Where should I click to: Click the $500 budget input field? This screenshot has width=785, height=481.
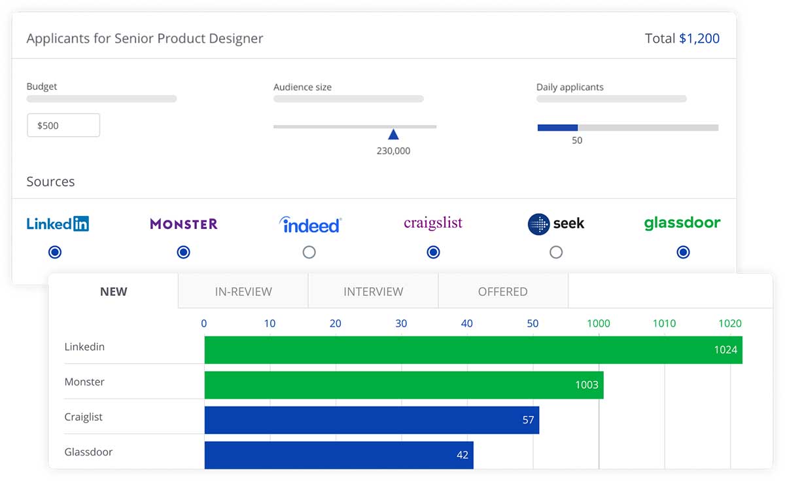(63, 125)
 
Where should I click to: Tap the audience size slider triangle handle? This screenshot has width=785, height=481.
(393, 134)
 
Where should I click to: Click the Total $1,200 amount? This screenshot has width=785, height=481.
(699, 39)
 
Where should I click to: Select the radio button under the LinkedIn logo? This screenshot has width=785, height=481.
(55, 252)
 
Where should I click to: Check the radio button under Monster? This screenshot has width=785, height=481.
(184, 252)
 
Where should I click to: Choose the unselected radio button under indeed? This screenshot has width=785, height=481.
(309, 252)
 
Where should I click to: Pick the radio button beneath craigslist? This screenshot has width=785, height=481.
(433, 252)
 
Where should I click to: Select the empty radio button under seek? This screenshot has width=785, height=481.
(556, 252)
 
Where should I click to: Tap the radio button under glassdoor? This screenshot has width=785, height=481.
(684, 252)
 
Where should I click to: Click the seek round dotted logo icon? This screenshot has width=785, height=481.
(538, 224)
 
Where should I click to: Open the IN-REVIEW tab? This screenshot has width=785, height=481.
(243, 292)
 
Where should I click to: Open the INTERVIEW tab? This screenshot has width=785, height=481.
(374, 292)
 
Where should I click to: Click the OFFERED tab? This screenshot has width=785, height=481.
(502, 292)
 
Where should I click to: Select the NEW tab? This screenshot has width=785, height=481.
(114, 292)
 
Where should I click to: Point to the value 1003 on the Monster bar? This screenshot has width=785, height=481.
(586, 385)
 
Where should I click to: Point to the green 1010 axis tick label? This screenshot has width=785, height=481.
(664, 323)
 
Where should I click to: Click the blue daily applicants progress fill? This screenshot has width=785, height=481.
(557, 128)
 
